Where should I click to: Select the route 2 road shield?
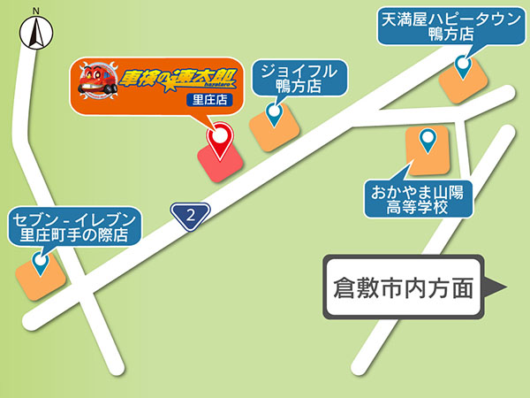pos(190,214)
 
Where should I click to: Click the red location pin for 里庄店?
pos(218,137)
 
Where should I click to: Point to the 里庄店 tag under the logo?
pos(209,100)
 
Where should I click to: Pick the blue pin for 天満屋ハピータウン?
pos(462,65)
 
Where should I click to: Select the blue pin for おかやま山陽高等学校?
pos(428,139)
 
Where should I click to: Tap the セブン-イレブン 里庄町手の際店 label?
pos(73,226)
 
